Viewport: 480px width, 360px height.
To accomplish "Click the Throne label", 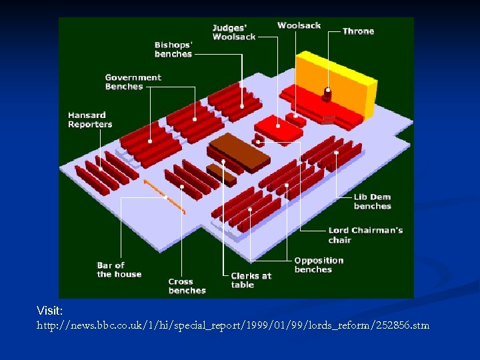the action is click(358, 31).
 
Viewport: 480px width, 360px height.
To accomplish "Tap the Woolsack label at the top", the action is click(299, 25).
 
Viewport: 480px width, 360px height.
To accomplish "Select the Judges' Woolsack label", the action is click(233, 32).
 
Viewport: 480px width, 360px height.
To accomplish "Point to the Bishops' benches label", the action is click(173, 50).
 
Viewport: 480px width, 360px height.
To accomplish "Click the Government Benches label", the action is click(133, 82).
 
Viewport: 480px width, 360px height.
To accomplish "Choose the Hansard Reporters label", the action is click(90, 120).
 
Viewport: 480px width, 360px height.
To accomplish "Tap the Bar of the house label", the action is click(119, 269).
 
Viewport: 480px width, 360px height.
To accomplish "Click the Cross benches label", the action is click(187, 286).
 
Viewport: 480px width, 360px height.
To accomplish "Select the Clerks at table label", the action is click(251, 280).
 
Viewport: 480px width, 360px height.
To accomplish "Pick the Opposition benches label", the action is click(319, 265).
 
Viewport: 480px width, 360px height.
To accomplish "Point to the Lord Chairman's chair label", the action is click(365, 235).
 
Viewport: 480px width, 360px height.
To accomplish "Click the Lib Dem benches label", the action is click(372, 201).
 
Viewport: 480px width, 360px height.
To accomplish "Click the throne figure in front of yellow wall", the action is click(327, 94).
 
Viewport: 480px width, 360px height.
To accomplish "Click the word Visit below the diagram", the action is click(50, 311).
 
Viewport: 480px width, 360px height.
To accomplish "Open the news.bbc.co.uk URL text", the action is click(233, 325).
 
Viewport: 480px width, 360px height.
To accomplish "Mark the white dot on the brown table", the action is click(224, 161).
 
